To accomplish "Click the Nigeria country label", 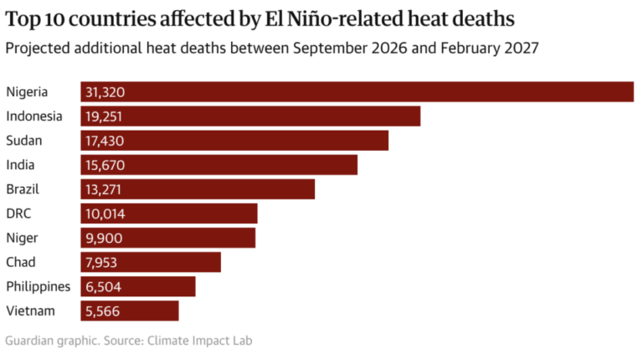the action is coord(27,92).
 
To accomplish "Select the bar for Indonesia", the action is coord(250,116).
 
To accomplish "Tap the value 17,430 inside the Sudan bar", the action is coord(105,141).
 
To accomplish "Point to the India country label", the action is coord(20,165).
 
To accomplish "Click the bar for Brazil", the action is coord(198,189).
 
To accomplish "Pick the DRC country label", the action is coord(18,213).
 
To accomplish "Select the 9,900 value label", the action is coord(104,238).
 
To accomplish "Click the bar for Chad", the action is coord(151,262).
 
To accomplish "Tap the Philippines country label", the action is coord(39,286).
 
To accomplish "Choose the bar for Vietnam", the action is coord(130,311).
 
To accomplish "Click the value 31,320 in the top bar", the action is coord(105,92).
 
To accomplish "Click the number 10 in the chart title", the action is coord(54,19).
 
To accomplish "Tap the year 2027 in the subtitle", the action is coord(522,48).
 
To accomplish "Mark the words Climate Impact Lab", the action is coord(200,341).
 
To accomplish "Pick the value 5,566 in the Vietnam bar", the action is coord(102,311).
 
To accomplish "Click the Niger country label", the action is coord(22,239).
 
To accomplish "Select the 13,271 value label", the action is coord(103,189).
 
